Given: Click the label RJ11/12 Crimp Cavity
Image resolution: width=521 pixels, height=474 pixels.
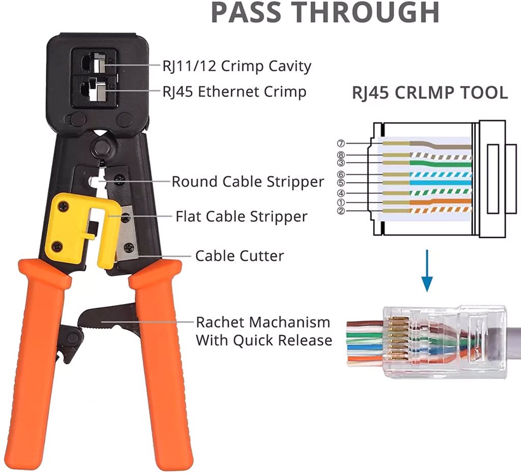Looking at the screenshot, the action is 237,66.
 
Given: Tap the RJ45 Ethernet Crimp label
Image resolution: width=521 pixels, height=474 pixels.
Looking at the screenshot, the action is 234,92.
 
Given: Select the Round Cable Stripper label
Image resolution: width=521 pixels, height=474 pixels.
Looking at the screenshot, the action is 247,182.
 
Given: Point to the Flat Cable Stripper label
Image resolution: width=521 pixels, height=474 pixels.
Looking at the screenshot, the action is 241,217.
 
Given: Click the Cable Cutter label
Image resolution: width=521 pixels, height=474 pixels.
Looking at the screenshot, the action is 239,255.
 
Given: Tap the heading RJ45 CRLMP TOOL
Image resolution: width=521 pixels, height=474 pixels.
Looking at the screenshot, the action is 430,93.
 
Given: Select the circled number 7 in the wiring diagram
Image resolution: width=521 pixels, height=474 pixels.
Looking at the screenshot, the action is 341,143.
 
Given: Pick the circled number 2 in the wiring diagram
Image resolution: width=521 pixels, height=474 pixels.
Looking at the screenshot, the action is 341,211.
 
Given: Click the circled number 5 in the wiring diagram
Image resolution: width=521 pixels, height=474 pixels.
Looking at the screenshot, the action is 341,183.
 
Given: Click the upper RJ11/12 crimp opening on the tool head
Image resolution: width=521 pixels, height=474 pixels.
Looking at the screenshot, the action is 95,64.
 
